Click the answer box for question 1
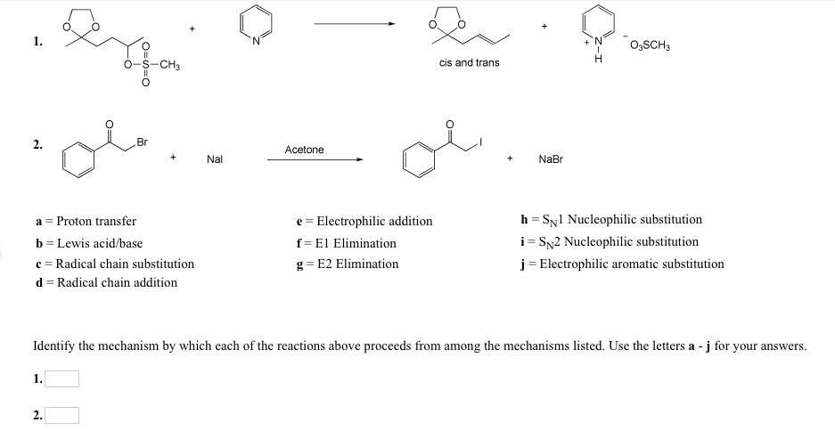(62, 379)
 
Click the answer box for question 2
(62, 415)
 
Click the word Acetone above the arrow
(304, 150)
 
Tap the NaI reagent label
(215, 159)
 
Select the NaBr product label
(551, 159)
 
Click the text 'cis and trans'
(470, 63)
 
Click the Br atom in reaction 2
(143, 142)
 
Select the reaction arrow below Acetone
(315, 160)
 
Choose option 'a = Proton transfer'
(86, 221)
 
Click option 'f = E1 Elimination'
(346, 242)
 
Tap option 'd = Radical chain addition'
(106, 283)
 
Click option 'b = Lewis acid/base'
(88, 242)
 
